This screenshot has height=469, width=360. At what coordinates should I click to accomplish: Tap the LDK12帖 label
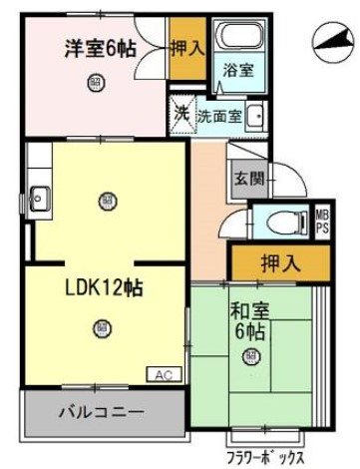[103, 287]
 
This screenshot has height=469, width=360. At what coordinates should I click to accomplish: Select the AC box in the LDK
[162, 375]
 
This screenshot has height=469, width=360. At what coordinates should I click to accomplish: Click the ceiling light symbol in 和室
[250, 356]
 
